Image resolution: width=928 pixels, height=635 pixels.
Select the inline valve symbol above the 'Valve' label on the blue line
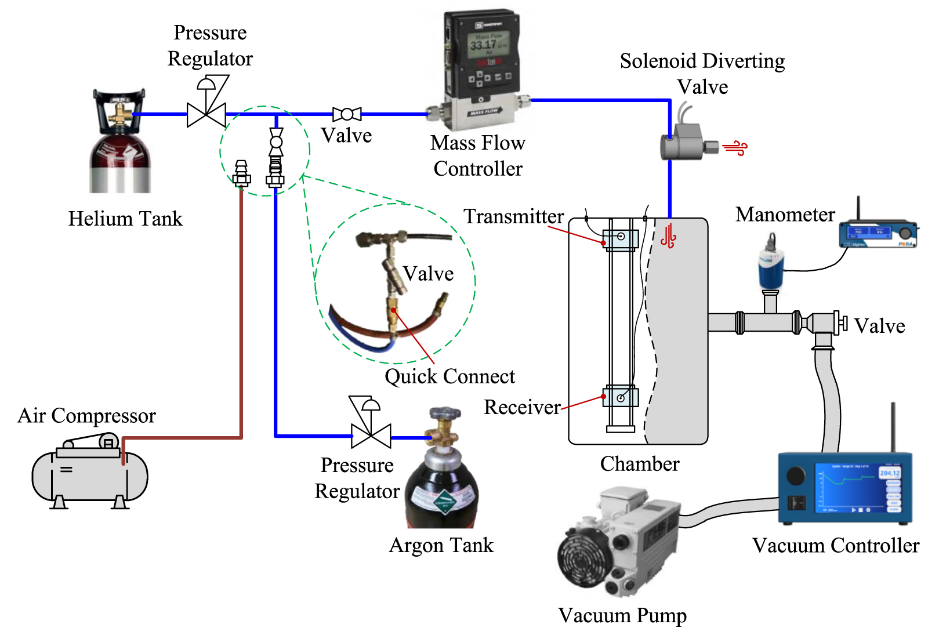tap(347, 114)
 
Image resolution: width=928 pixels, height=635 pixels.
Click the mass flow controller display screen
tap(488, 45)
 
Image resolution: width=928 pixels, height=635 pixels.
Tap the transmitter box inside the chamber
tap(620, 238)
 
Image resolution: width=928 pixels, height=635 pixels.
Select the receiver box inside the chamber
tap(621, 397)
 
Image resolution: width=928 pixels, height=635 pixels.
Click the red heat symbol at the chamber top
tap(668, 237)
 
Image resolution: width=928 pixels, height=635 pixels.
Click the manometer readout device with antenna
tap(878, 235)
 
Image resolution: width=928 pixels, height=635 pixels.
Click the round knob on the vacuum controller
tap(796, 476)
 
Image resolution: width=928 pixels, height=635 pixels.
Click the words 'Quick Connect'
tap(449, 376)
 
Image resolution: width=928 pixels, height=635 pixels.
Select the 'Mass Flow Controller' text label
tap(477, 155)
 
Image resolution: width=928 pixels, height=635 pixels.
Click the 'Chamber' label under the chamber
tap(639, 464)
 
